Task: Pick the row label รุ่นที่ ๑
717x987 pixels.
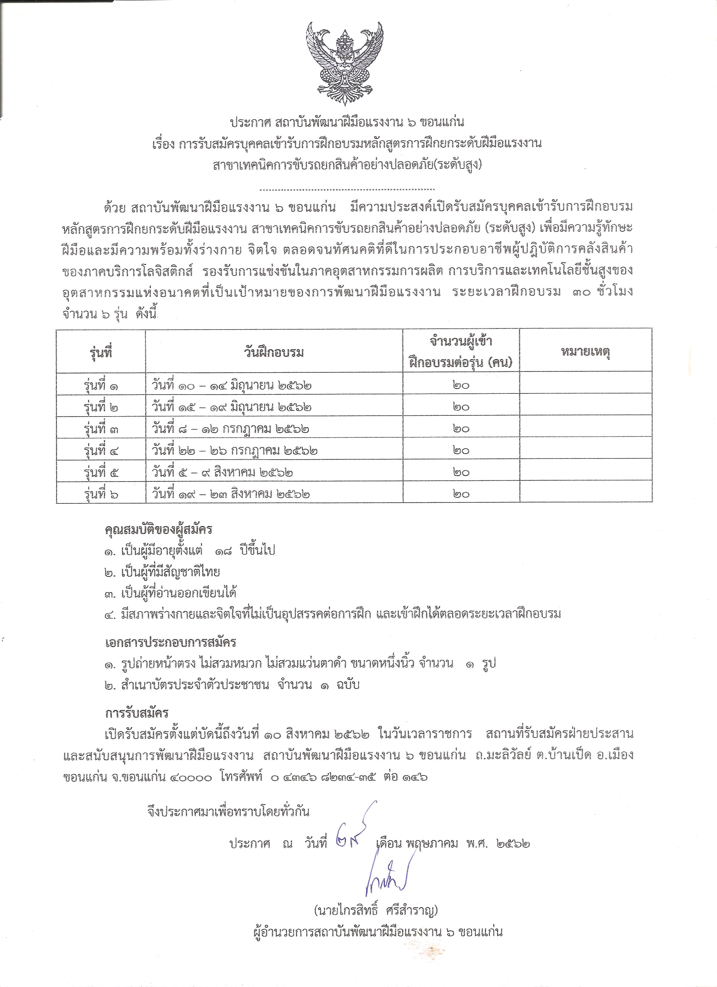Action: pyautogui.click(x=101, y=385)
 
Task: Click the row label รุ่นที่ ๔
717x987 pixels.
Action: pyautogui.click(x=101, y=450)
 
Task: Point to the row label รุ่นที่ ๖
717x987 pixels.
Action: pyautogui.click(x=101, y=494)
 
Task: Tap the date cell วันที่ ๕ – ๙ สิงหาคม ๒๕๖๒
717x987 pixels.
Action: pyautogui.click(x=222, y=472)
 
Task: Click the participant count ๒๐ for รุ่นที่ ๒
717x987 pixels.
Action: pyautogui.click(x=461, y=406)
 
